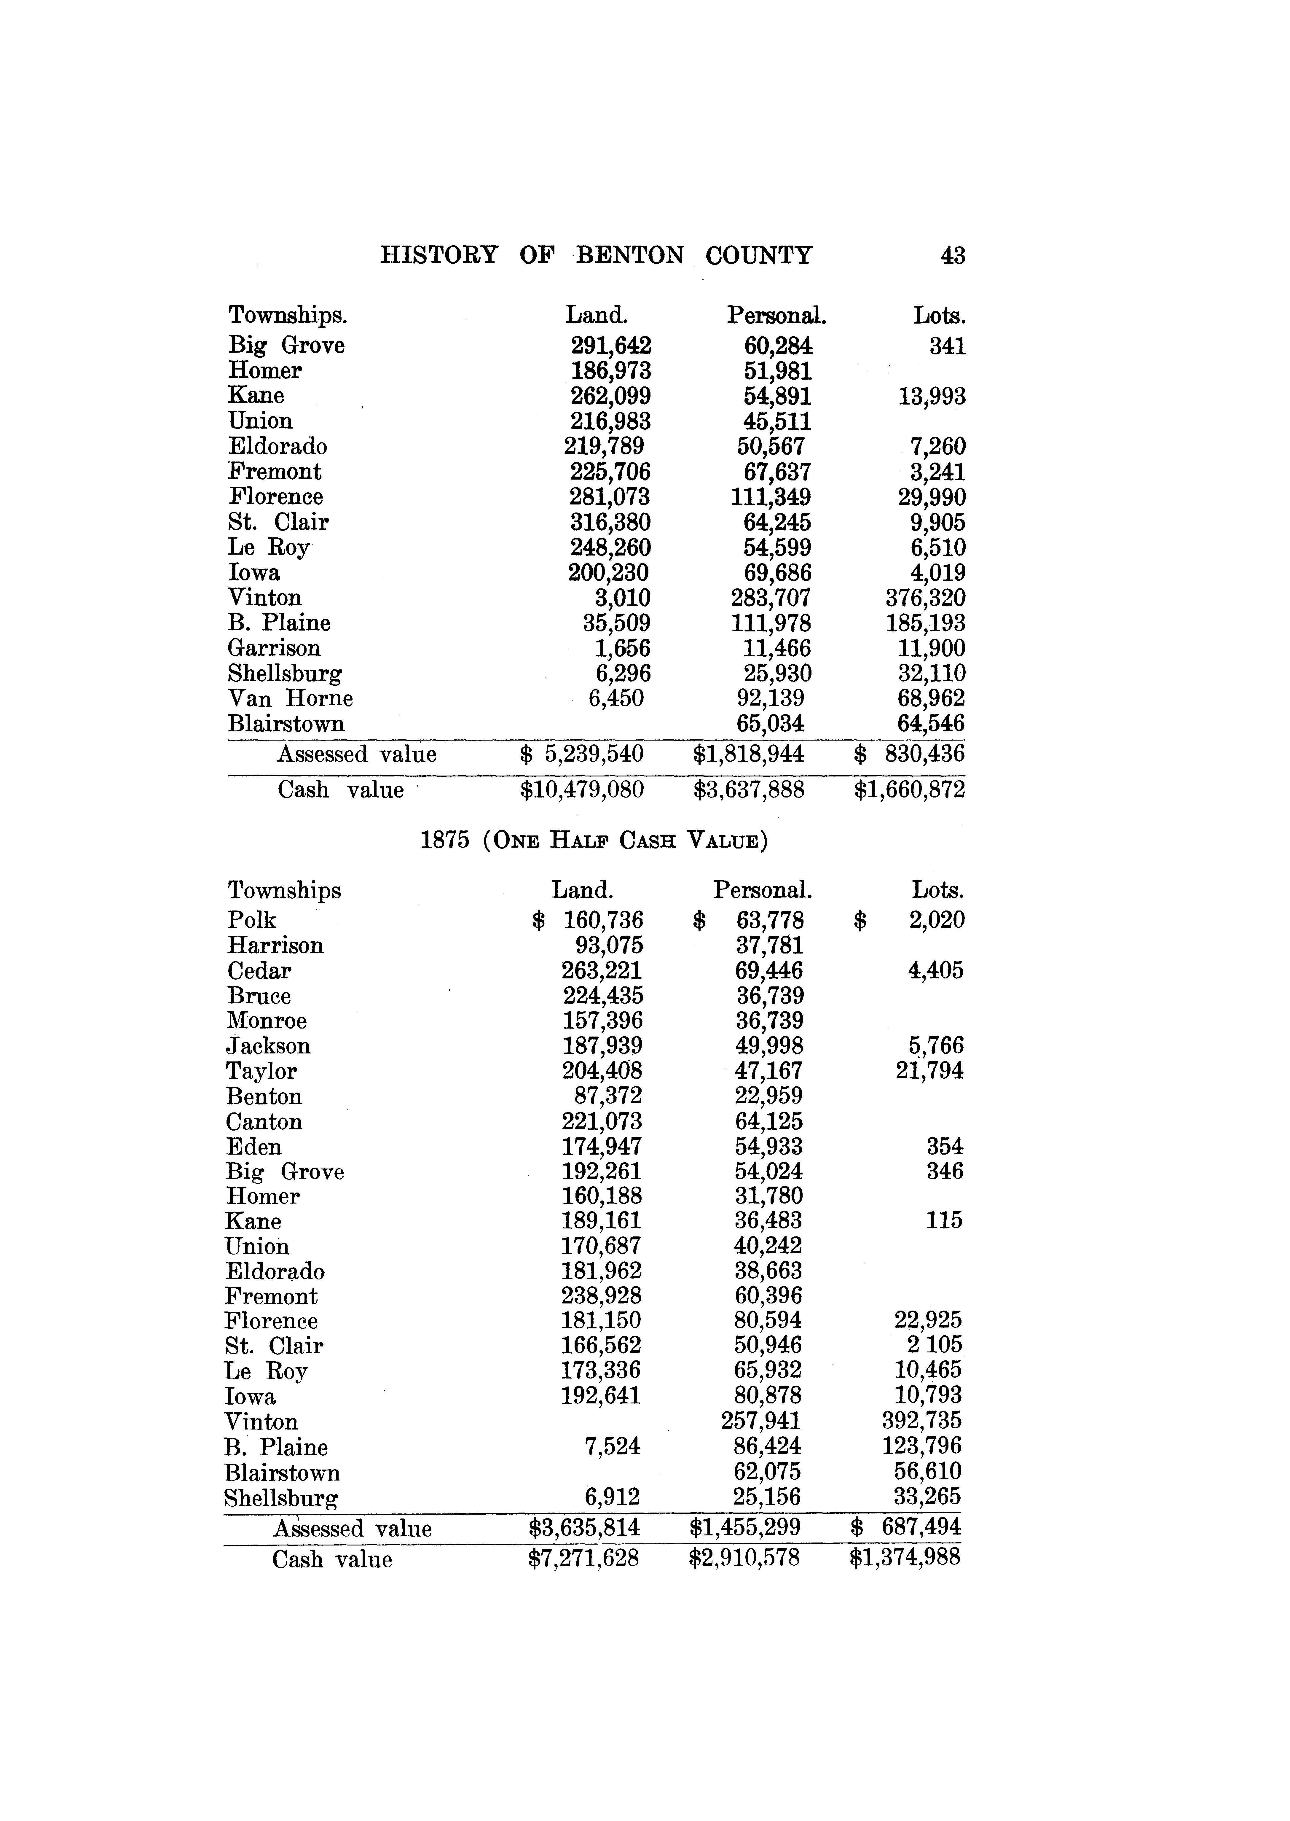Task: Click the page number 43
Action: pos(952,256)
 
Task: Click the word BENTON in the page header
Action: pos(629,256)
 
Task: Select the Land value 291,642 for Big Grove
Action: pos(611,346)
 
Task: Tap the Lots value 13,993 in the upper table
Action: pos(932,397)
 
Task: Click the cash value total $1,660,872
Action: pos(910,790)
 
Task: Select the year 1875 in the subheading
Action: pos(445,841)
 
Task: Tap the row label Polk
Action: pos(251,920)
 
